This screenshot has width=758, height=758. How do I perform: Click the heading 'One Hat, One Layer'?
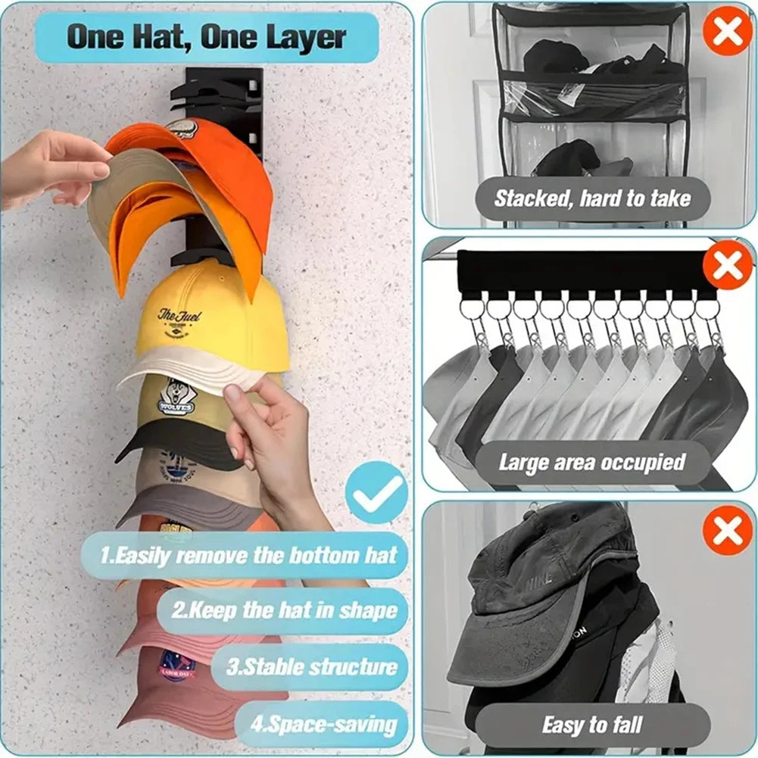[207, 37]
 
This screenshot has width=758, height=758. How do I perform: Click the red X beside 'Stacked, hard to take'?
[727, 30]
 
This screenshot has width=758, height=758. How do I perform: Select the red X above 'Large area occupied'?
[727, 266]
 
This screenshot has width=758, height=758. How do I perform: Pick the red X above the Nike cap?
[727, 531]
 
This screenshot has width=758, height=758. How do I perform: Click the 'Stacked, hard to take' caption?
[592, 199]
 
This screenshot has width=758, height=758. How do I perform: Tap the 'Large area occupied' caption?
[591, 462]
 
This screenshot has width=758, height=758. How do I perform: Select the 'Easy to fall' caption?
[593, 725]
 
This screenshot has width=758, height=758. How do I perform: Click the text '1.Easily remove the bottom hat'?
[248, 555]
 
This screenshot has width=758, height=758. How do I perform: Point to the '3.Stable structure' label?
[310, 667]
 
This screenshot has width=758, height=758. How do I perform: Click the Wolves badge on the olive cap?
[177, 397]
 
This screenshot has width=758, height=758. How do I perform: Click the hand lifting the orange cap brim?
[53, 167]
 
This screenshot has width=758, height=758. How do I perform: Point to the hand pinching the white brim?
[265, 432]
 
